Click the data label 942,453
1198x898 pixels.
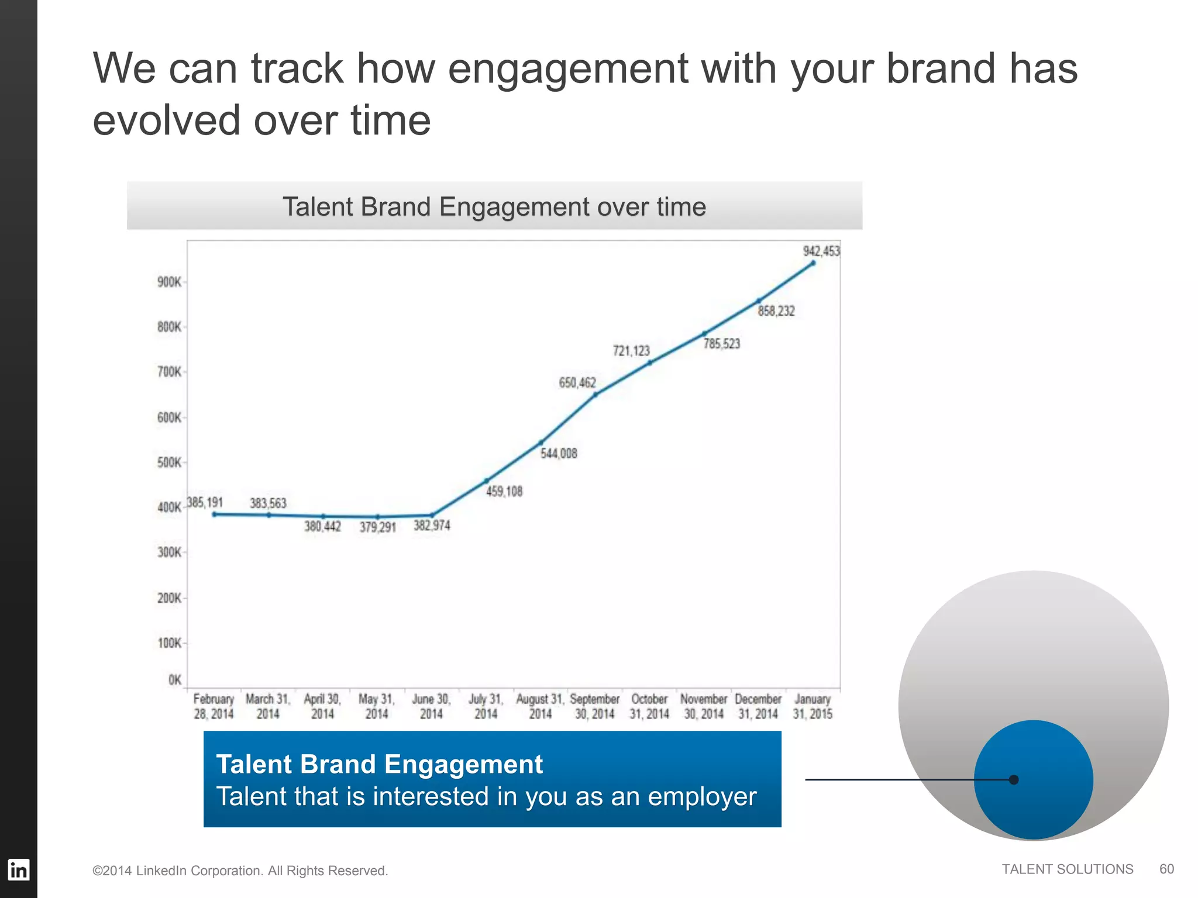tap(821, 251)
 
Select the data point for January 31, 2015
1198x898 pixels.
tap(813, 264)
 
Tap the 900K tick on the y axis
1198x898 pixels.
tap(169, 282)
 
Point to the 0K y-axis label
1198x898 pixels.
tap(174, 680)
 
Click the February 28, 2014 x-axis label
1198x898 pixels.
tap(214, 706)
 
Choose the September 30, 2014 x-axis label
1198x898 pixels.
tap(594, 706)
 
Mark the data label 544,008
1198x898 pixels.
tap(559, 454)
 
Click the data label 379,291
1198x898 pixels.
tap(377, 527)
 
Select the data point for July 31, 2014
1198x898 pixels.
tap(486, 481)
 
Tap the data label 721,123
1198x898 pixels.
tap(631, 351)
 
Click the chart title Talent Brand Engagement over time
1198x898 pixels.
tap(494, 207)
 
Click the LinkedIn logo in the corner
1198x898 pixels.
tap(18, 870)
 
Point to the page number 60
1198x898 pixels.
tap(1166, 869)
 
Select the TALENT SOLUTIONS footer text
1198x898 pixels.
tap(1067, 869)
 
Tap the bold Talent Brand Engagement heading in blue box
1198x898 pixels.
tap(380, 764)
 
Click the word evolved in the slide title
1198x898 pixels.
tap(166, 120)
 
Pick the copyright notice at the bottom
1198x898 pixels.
tap(240, 871)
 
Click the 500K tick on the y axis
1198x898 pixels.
tap(169, 462)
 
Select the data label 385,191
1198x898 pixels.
tap(205, 502)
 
